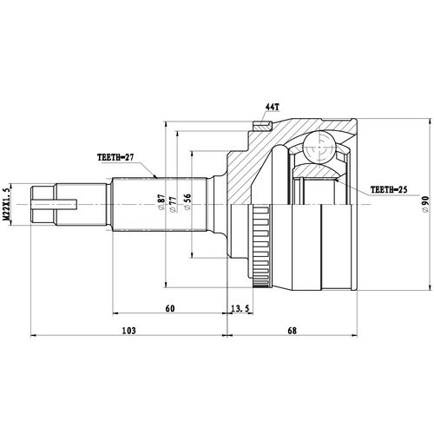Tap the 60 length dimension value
point(169,309)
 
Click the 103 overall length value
point(128,331)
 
